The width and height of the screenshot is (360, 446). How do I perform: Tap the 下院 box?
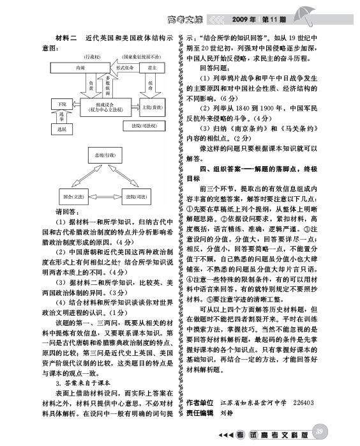(x=62, y=104)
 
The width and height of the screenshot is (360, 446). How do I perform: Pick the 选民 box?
(x=62, y=129)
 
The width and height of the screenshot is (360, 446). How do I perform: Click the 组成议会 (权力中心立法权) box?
(x=105, y=107)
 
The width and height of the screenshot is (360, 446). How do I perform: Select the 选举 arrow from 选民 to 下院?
(x=62, y=116)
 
